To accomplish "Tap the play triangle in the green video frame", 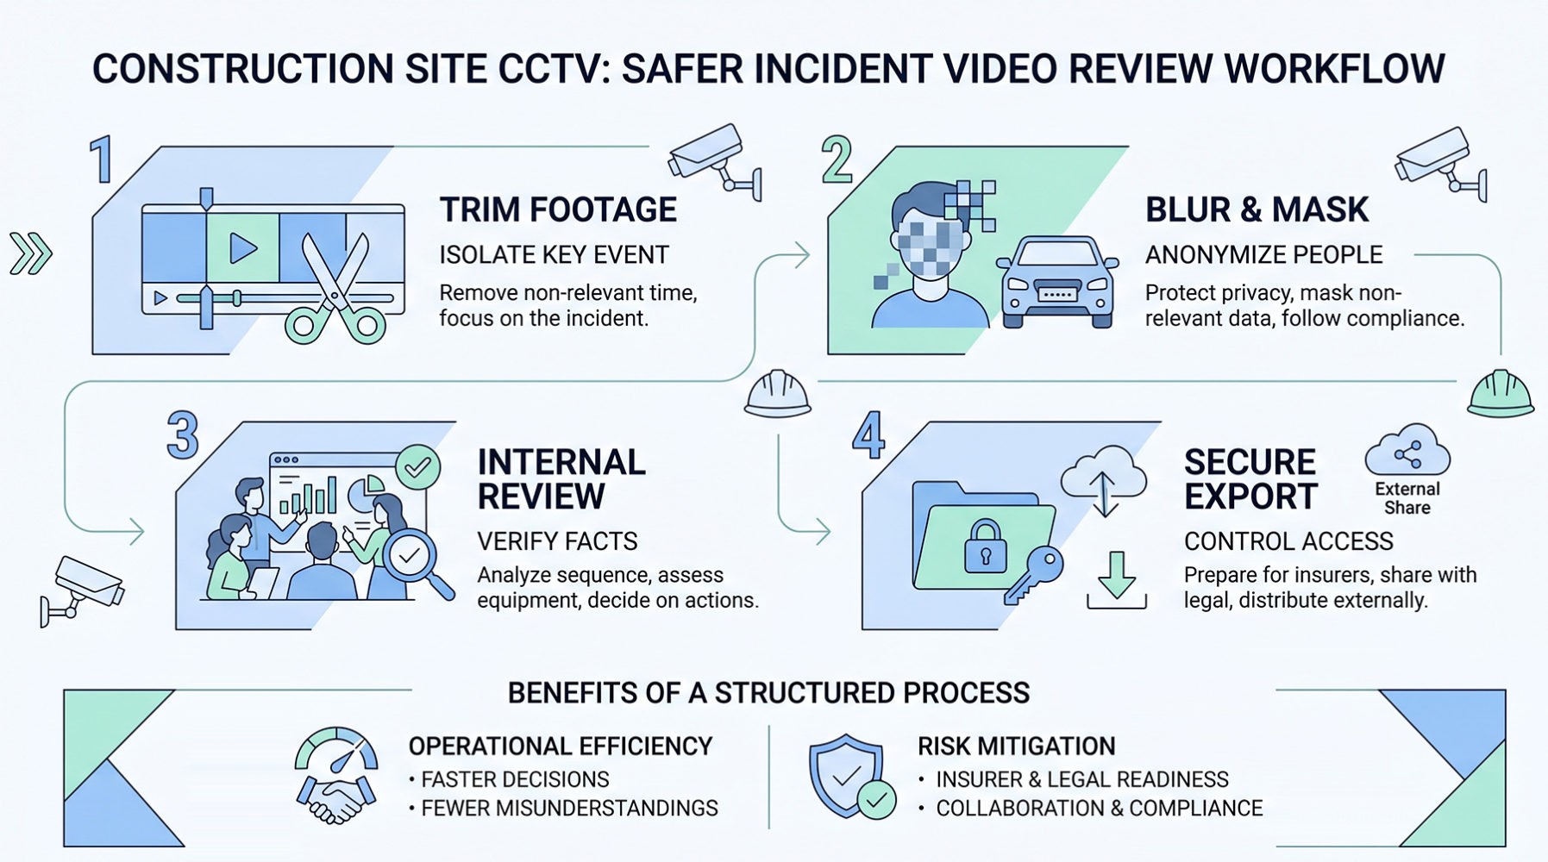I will point(242,248).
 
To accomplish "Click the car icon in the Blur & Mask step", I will point(1056,282).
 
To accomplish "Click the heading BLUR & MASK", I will point(1257,209).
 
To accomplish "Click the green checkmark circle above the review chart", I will point(417,467).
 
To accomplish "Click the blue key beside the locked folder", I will point(1035,573).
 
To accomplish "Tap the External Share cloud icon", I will point(1407,452).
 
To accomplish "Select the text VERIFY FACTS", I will point(557,541).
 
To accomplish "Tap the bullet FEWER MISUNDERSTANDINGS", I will point(569,809).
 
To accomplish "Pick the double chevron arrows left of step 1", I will point(31,253).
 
